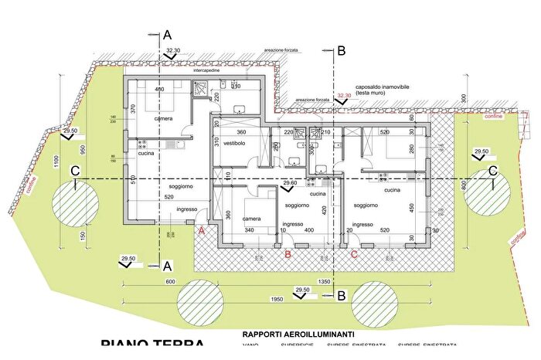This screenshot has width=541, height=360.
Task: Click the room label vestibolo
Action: click(x=234, y=144)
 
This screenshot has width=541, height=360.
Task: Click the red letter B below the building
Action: click(x=288, y=253)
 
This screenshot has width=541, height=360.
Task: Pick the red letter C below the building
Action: click(x=354, y=253)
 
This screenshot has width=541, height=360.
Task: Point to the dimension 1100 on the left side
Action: click(x=46, y=162)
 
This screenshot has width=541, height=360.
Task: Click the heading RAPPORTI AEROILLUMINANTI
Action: click(x=298, y=334)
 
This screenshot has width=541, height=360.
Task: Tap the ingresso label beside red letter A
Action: click(x=188, y=209)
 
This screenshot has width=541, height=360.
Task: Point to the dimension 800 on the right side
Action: click(x=463, y=185)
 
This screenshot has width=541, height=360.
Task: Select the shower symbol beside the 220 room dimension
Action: click(x=202, y=89)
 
